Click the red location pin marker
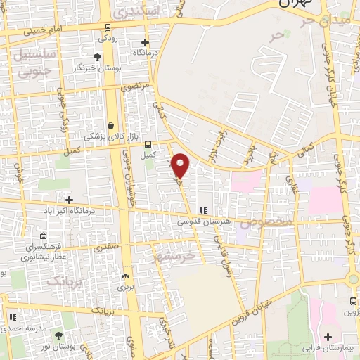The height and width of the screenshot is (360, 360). pos(181,165)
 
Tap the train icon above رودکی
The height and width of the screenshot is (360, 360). pos(107,27)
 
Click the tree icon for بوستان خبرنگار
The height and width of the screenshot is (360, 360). pos(96,57)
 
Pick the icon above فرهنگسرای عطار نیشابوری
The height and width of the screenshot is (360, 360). pos(44,236)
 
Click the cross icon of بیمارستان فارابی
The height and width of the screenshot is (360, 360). pos(330,337)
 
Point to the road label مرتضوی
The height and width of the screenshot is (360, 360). pos(136,87)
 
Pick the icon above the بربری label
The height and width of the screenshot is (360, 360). pos(126,276)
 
